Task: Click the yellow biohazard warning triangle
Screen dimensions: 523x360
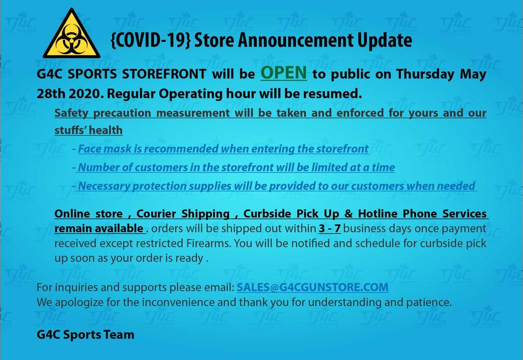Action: [71, 35]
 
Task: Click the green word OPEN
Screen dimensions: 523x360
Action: [284, 73]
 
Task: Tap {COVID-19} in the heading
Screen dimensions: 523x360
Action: [151, 40]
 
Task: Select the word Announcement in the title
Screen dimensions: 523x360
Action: [296, 40]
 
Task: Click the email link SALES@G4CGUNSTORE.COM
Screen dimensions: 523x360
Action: [313, 287]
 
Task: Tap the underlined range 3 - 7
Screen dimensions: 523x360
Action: [329, 229]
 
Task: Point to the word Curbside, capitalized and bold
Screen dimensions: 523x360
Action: [267, 213]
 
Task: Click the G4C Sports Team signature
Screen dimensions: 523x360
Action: [85, 334]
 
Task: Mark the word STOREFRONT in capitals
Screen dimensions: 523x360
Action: [164, 74]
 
